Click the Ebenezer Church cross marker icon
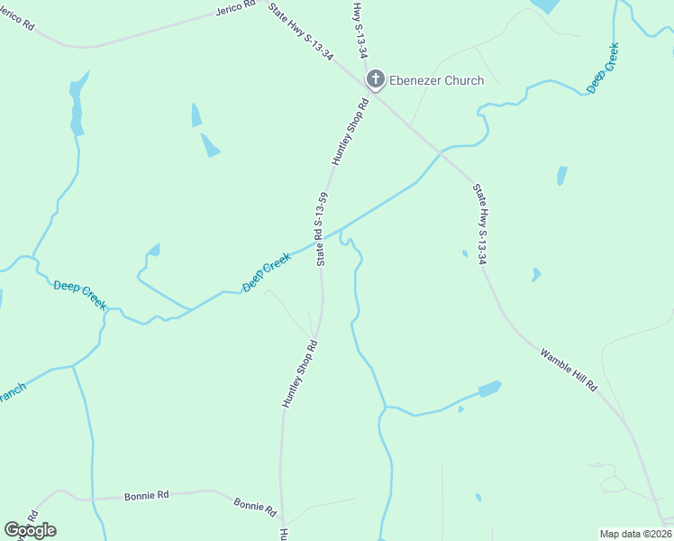tap(376, 80)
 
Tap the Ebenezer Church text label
tap(436, 81)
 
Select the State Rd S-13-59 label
tap(321, 229)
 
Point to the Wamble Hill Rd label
tap(569, 369)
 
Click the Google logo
tap(30, 530)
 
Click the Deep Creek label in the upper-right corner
tap(603, 69)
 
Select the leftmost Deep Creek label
tap(80, 296)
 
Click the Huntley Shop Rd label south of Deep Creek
tap(300, 373)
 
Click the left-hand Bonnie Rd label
tap(145, 495)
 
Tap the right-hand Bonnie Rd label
tap(255, 507)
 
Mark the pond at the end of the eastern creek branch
tap(489, 390)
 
